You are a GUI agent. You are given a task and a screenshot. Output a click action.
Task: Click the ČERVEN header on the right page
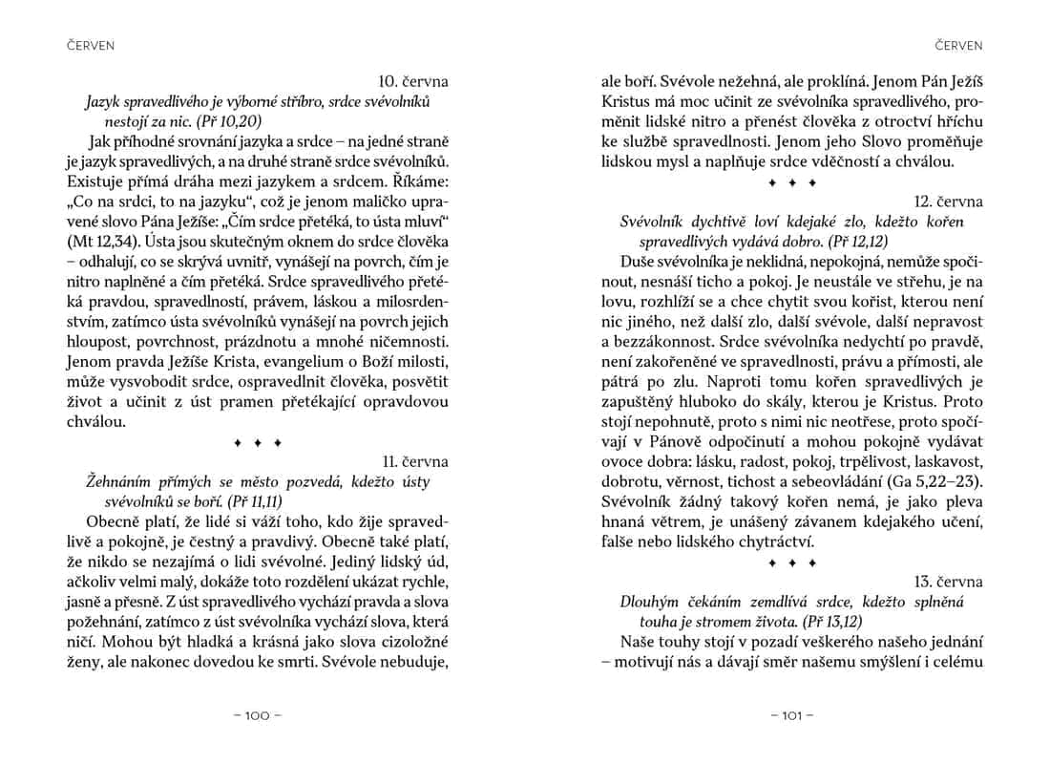point(959,45)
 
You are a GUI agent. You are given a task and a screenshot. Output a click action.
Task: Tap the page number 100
point(258,715)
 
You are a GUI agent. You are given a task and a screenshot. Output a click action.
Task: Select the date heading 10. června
point(413,80)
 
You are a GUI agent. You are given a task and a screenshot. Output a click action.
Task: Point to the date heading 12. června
point(948,202)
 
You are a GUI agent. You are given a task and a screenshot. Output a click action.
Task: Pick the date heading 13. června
point(948,582)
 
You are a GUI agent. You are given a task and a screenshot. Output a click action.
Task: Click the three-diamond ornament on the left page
point(258,442)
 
